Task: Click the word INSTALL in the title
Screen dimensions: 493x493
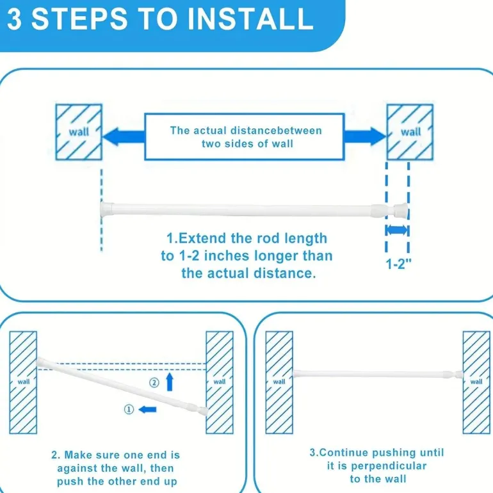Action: [x=250, y=19]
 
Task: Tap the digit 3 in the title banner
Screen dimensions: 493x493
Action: [x=15, y=19]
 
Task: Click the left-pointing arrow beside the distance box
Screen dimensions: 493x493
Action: [x=124, y=136]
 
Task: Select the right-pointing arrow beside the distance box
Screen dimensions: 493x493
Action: [x=365, y=136]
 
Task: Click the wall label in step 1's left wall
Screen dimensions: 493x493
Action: [x=79, y=131]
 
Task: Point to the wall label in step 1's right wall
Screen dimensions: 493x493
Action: [x=410, y=131]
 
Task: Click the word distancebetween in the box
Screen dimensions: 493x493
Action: [x=276, y=131]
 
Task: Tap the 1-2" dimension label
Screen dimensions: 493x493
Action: [x=398, y=264]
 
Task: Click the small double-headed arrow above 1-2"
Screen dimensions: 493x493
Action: [x=398, y=230]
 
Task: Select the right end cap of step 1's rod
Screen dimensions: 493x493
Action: [x=401, y=211]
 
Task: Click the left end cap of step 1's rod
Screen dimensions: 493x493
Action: [x=106, y=209]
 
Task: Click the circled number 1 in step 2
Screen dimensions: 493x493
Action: [x=129, y=409]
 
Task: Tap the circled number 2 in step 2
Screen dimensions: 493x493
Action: [x=154, y=383]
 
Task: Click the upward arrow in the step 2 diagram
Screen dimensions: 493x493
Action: [x=170, y=382]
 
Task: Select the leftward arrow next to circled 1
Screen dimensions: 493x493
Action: [x=147, y=409]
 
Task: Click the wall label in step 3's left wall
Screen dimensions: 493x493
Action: [x=279, y=382]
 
